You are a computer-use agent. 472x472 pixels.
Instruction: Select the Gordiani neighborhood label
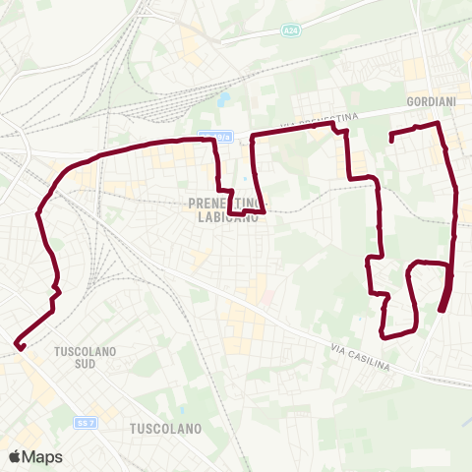point(428,101)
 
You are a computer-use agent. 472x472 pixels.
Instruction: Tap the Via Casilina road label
point(360,359)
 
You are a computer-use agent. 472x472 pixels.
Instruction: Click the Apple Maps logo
point(15,456)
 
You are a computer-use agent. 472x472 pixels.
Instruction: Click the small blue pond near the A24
point(224,99)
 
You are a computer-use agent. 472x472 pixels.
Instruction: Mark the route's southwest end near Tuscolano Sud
point(19,344)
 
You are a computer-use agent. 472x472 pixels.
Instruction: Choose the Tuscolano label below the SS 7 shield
point(165,429)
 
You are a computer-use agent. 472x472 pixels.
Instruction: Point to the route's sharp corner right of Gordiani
point(438,124)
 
